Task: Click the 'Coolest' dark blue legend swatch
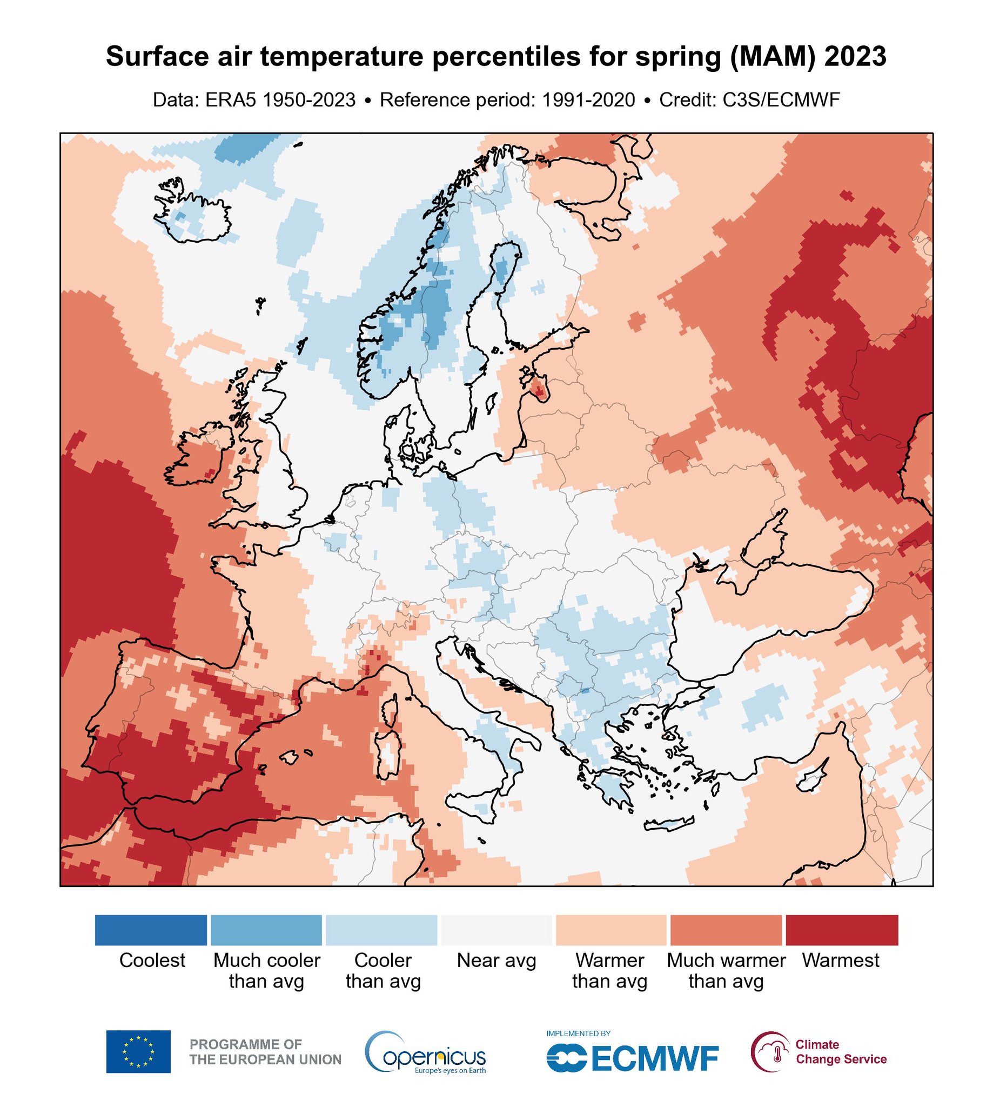point(151,930)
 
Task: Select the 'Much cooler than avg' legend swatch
point(266,930)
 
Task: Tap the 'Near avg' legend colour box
point(496,930)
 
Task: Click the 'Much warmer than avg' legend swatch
point(726,930)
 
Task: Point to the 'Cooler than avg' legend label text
point(383,971)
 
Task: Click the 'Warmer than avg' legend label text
point(609,971)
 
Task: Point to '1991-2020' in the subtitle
point(588,100)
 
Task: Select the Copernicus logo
point(426,1052)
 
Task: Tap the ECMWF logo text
point(654,1058)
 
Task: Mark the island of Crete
point(668,823)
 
